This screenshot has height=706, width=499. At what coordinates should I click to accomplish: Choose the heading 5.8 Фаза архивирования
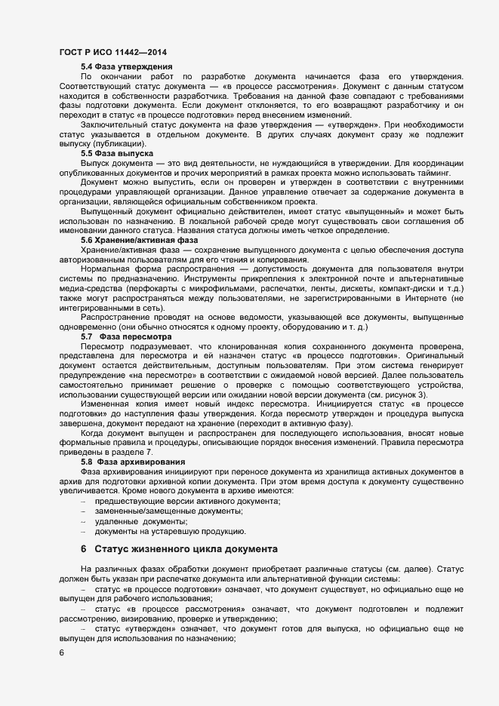pos(132,461)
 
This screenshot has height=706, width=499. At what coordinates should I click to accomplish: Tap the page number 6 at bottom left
pos(61,653)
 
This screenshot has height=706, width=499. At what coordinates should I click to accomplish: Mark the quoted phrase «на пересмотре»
pos(160,375)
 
